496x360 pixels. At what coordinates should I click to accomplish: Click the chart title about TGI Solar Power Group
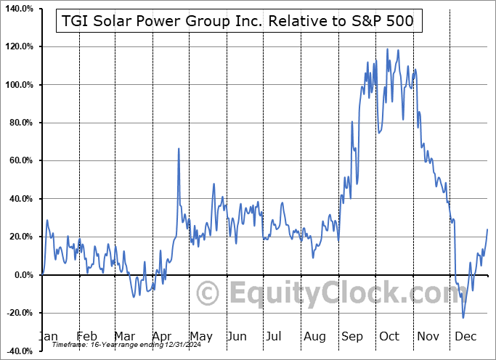point(237,21)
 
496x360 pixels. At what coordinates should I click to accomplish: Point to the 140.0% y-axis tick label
point(20,9)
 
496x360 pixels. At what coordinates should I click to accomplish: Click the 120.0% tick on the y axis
point(20,47)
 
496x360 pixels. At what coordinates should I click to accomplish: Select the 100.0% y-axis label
point(20,85)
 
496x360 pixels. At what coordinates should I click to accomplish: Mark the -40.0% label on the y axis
point(20,351)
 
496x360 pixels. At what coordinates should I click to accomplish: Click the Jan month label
point(48,336)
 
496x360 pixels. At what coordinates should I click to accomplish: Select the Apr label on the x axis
point(162,336)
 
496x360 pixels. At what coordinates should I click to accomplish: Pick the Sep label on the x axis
point(353,336)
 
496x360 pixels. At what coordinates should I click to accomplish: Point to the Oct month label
point(389,336)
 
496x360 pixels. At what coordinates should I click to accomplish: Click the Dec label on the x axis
point(466,336)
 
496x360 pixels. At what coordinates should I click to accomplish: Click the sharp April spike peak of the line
point(179,149)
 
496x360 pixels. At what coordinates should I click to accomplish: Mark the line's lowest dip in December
point(463,317)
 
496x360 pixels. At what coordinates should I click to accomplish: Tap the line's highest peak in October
point(387,49)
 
